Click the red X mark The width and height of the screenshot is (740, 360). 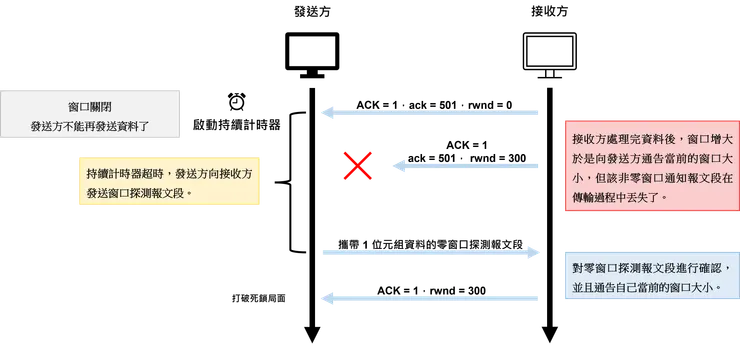tap(356, 165)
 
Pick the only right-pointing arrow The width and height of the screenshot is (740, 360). tap(430, 255)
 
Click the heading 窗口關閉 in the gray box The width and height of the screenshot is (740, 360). tap(91, 104)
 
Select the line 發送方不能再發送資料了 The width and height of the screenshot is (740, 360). tap(91, 127)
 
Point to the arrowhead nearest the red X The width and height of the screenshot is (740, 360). tap(394, 166)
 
